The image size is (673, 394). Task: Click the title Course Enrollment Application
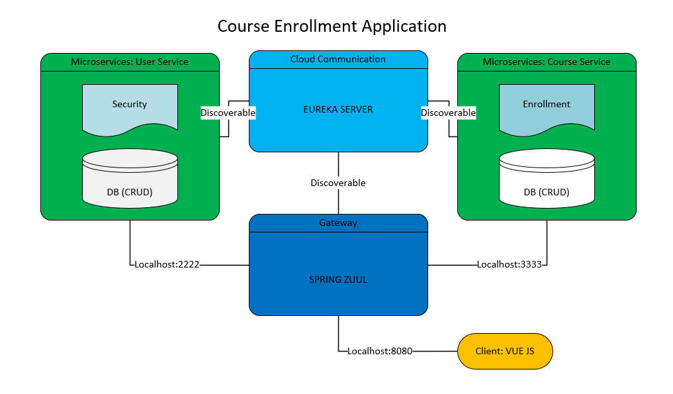[x=332, y=26]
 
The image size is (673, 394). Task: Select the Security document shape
[x=130, y=106]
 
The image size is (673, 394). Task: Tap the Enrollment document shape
[x=547, y=106]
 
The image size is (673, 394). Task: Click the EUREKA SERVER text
[x=338, y=109]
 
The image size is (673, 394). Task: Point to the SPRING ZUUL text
[x=338, y=279]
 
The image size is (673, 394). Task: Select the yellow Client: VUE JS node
[x=505, y=351]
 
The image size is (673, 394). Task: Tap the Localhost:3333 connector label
[x=510, y=264]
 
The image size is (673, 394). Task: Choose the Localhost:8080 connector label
[x=380, y=351]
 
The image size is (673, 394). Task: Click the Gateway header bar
[x=338, y=223]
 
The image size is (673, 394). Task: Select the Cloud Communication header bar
[x=338, y=59]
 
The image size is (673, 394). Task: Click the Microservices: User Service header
[x=130, y=62]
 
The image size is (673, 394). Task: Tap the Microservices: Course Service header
[x=547, y=62]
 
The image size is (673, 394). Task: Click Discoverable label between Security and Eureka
[x=228, y=113]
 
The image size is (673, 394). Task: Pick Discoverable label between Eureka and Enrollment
[x=448, y=113]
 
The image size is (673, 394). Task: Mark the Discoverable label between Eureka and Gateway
[x=338, y=183]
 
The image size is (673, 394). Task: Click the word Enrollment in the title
[x=310, y=26]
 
